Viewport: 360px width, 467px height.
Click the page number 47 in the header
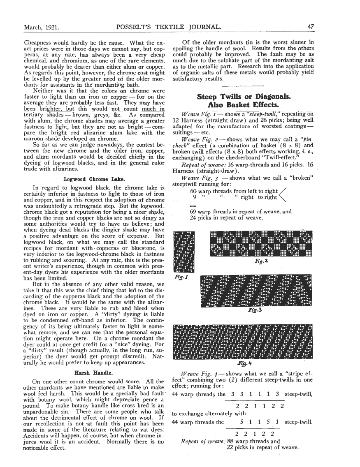coord(311,27)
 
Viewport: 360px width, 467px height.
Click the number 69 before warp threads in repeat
coord(193,212)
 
